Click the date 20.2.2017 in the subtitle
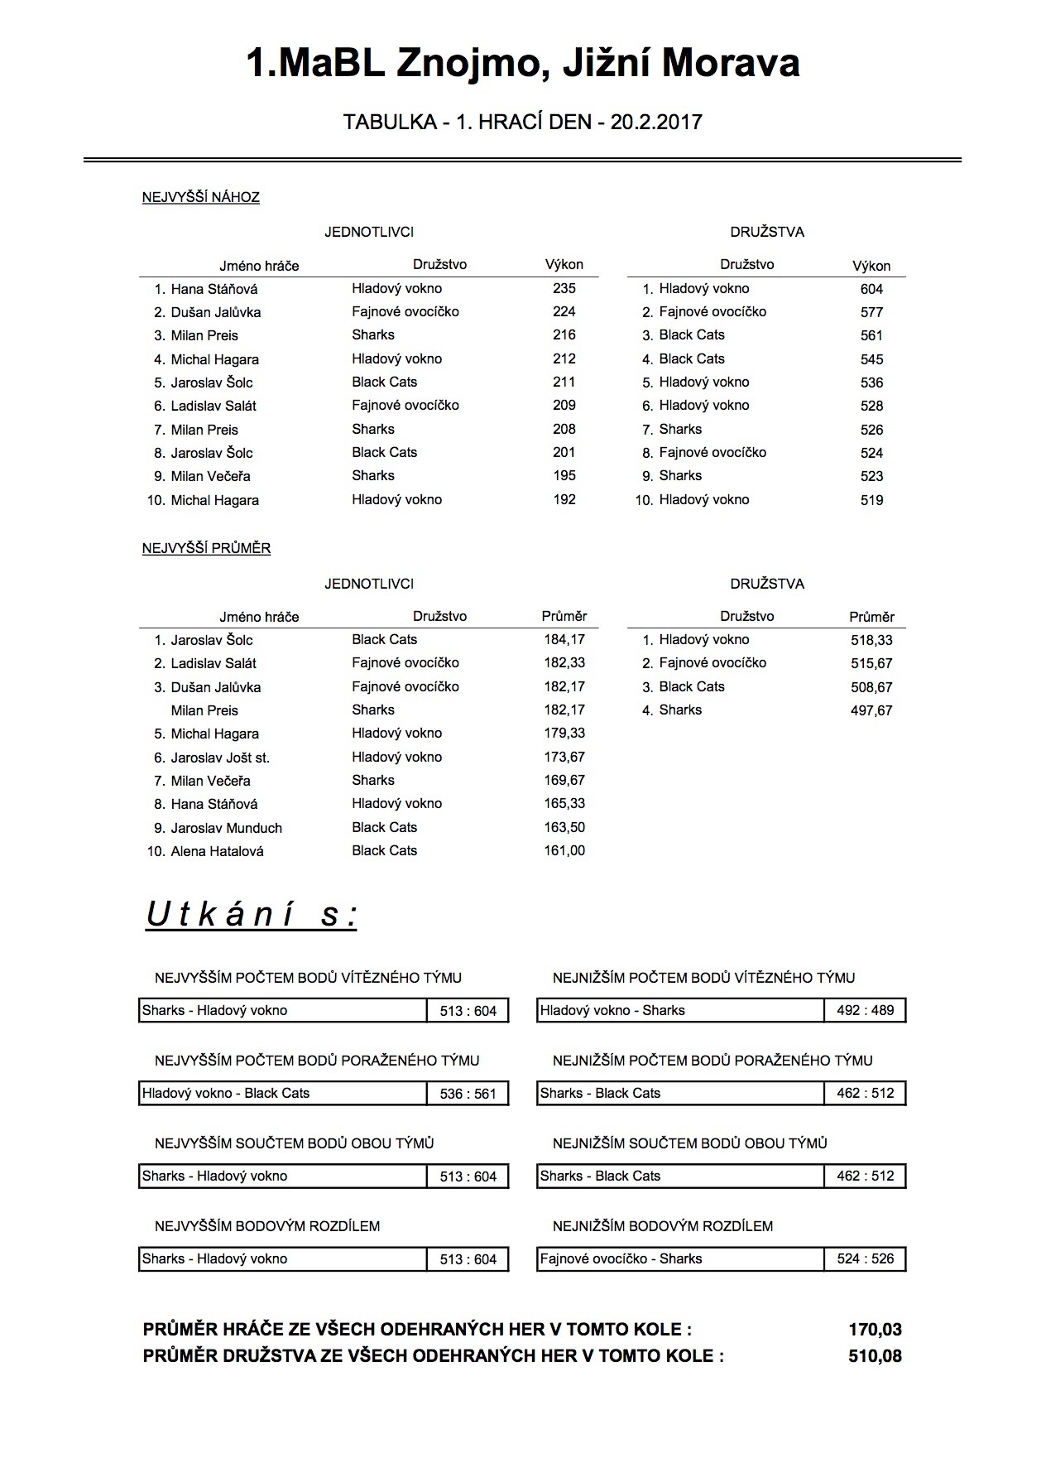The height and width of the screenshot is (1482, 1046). [655, 123]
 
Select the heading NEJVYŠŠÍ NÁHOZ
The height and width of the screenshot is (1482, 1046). [201, 197]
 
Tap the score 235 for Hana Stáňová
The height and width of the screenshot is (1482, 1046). [564, 288]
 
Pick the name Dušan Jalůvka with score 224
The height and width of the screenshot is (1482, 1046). [215, 312]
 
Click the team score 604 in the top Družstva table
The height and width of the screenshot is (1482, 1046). [871, 289]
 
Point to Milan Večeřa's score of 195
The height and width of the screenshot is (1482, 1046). [564, 476]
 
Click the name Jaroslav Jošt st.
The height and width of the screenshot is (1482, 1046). [220, 758]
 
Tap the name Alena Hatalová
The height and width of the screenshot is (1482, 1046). [217, 851]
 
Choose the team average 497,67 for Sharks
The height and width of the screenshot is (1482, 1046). [871, 710]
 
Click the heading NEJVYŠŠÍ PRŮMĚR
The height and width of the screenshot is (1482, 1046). [207, 548]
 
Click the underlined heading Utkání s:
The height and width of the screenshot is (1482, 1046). [252, 915]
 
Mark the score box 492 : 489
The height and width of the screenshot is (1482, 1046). [865, 1010]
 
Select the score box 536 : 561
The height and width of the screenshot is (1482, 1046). [468, 1094]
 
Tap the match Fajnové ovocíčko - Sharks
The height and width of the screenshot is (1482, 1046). [621, 1258]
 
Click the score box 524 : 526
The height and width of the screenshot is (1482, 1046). [865, 1259]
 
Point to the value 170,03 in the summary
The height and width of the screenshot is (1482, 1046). [875, 1330]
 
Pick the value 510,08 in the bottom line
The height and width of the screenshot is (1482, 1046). [875, 1356]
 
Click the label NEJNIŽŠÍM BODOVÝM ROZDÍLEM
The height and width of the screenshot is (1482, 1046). [663, 1226]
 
